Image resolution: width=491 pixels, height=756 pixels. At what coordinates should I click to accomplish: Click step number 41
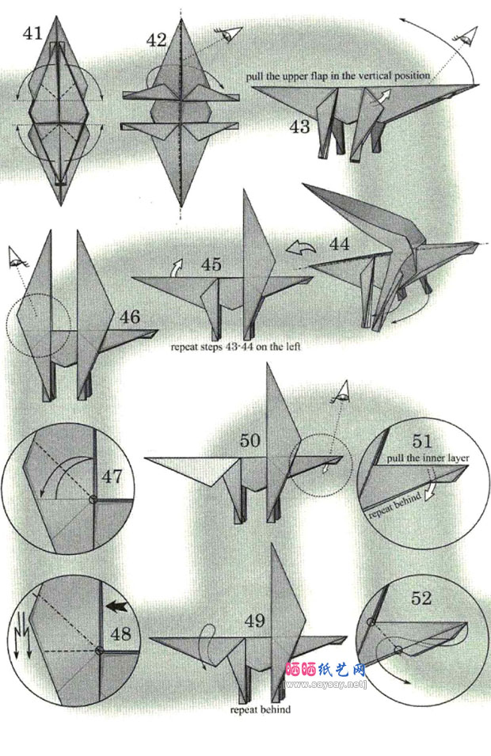(x=32, y=33)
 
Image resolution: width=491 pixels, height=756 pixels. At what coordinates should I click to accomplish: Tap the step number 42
(x=156, y=40)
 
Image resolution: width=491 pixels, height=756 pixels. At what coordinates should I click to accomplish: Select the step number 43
(x=299, y=127)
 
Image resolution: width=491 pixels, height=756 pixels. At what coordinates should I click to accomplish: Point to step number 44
(x=340, y=244)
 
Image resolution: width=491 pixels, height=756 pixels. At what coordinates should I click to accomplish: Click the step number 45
(x=211, y=264)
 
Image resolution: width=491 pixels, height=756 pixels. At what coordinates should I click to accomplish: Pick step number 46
(x=130, y=317)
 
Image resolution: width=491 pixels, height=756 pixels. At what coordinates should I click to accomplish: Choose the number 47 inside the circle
(x=112, y=477)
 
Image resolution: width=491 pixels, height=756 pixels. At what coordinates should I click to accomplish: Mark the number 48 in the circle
(x=120, y=633)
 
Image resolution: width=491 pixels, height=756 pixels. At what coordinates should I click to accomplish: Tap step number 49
(x=255, y=621)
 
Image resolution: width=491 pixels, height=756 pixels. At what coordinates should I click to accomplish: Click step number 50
(x=249, y=440)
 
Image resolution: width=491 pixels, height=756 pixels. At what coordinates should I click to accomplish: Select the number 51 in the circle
(x=423, y=441)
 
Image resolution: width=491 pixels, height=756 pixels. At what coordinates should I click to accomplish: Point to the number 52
(x=421, y=598)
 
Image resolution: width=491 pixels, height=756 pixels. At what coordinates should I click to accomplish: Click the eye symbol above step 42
(x=229, y=34)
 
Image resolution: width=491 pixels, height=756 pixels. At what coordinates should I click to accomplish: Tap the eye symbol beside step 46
(x=17, y=257)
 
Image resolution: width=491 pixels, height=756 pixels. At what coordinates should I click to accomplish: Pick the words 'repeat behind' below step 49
(x=261, y=710)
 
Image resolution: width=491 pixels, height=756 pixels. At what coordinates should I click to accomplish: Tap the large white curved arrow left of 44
(x=300, y=249)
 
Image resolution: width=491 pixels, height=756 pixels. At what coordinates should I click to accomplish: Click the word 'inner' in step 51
(x=425, y=458)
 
